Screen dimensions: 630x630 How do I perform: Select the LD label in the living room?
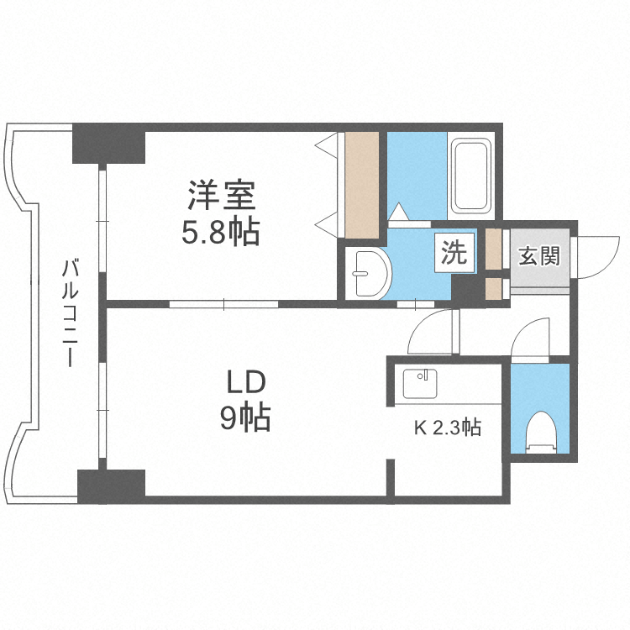point(245,383)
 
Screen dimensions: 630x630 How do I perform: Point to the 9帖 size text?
point(245,417)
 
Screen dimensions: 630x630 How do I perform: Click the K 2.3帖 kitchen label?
point(447,428)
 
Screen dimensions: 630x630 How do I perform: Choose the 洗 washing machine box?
point(454,254)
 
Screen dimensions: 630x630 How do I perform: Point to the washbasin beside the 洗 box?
point(367,273)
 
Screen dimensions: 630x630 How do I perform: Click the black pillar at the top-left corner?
point(108,144)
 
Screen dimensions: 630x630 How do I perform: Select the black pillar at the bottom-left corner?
point(112,486)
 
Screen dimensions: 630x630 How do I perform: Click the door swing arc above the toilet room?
point(529,339)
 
